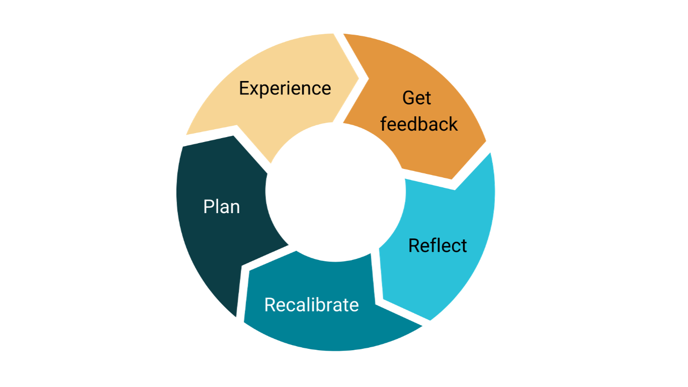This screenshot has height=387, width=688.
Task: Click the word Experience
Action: pyautogui.click(x=285, y=88)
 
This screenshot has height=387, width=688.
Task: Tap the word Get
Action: pyautogui.click(x=417, y=98)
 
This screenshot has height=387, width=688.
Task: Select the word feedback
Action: pyautogui.click(x=419, y=124)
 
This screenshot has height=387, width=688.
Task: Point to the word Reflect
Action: pyautogui.click(x=437, y=245)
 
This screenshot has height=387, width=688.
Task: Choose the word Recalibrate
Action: pyautogui.click(x=311, y=305)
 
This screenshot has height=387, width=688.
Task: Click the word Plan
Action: pyautogui.click(x=222, y=207)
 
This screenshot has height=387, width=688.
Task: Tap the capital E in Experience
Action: pyautogui.click(x=244, y=88)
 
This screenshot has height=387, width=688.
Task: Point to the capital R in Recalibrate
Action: pyautogui.click(x=269, y=305)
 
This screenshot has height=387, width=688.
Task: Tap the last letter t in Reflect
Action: pyautogui.click(x=464, y=245)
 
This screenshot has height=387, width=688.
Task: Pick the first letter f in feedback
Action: pyautogui.click(x=384, y=124)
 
